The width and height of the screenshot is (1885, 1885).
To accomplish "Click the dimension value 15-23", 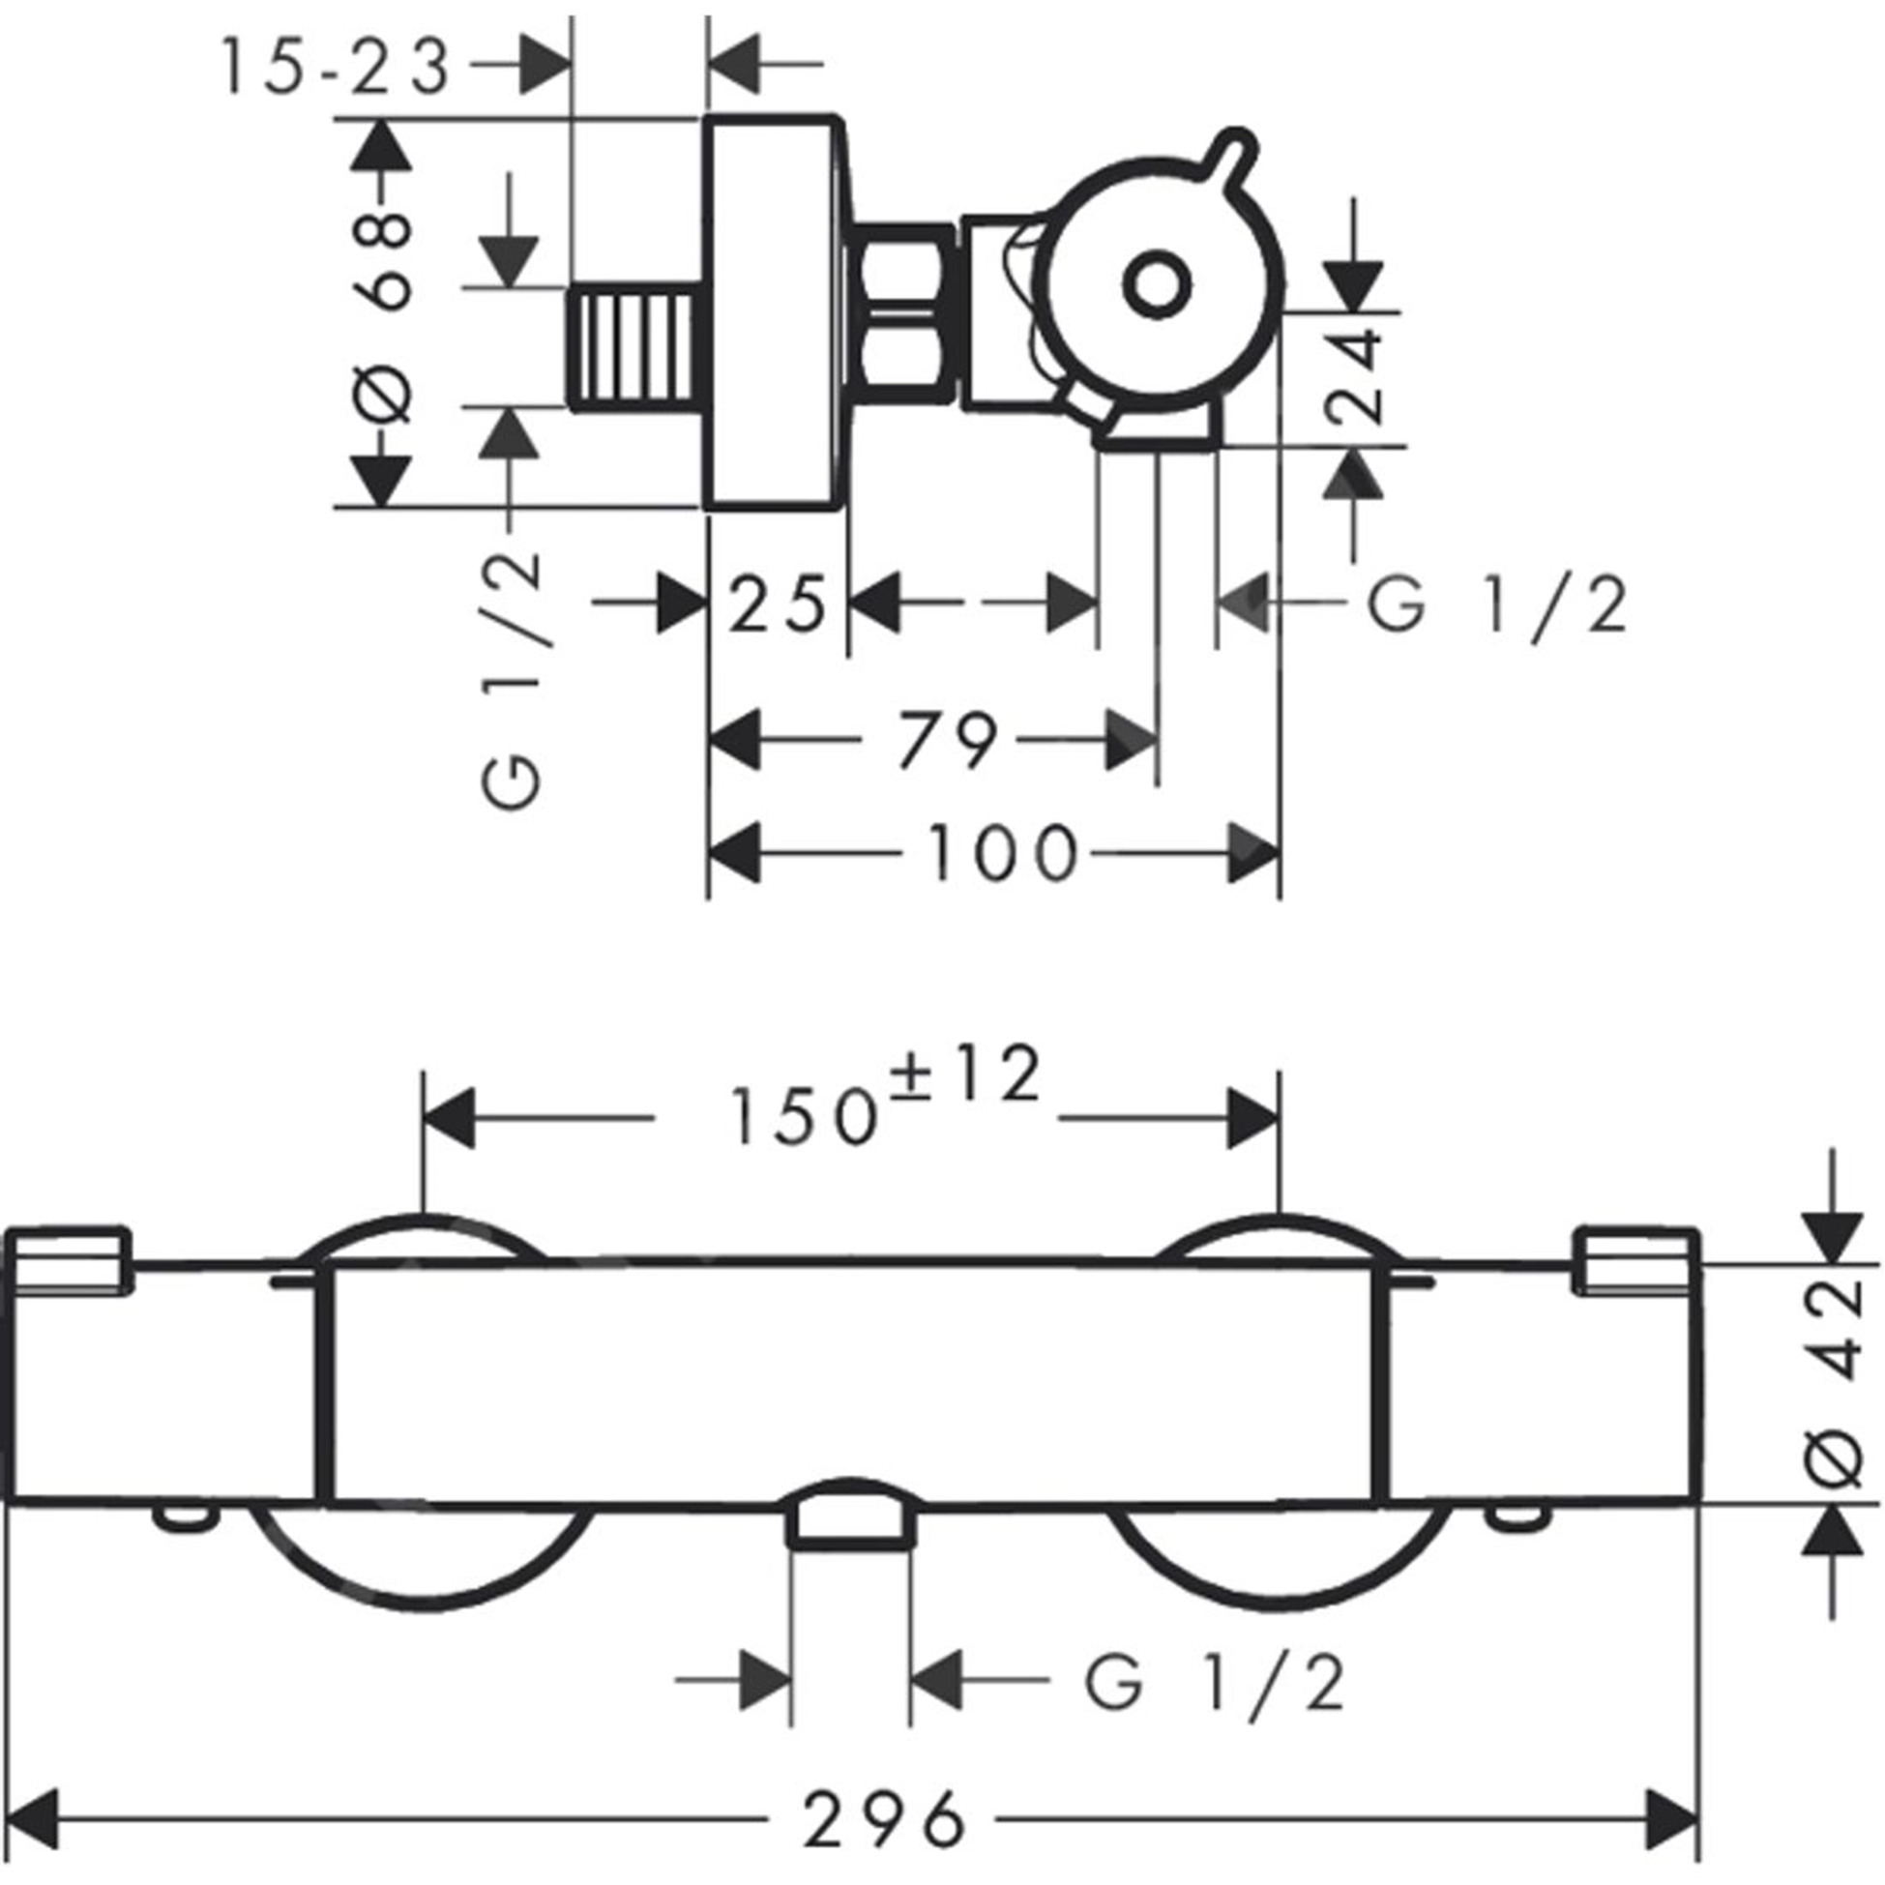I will [x=335, y=68].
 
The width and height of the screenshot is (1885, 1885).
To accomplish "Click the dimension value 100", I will [x=1001, y=854].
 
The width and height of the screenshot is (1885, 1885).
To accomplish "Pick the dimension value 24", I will [x=1356, y=375].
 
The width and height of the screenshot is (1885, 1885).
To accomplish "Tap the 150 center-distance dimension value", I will [x=802, y=1118].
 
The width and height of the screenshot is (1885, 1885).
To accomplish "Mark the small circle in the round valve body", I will [x=1157, y=285].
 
